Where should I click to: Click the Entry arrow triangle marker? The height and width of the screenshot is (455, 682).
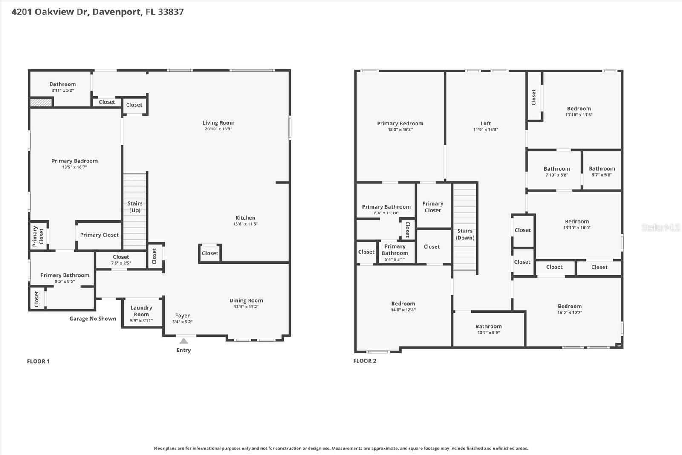(183, 341)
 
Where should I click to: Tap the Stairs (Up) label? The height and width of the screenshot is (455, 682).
(135, 206)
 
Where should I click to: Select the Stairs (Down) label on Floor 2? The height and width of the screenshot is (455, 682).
(465, 234)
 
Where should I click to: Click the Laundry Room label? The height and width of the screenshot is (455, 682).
(141, 311)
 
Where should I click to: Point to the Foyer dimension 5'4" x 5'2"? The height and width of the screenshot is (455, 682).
(182, 322)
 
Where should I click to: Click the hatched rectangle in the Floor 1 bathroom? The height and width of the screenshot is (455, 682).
(41, 102)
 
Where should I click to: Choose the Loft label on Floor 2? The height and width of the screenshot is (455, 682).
(485, 123)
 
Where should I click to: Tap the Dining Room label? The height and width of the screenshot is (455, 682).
(246, 300)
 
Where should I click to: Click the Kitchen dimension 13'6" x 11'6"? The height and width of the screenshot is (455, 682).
(245, 224)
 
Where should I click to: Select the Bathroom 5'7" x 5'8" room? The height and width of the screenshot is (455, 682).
(601, 171)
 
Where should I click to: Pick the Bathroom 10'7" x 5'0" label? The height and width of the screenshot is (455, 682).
(488, 326)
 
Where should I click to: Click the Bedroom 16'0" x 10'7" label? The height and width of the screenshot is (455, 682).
(569, 306)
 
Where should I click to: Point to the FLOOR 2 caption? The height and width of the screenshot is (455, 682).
(364, 361)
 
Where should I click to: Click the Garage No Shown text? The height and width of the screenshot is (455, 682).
(92, 319)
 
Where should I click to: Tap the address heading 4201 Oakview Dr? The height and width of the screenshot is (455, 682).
(97, 12)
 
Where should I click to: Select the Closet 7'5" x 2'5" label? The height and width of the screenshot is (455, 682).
(121, 257)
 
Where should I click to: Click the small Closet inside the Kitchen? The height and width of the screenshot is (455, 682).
(210, 253)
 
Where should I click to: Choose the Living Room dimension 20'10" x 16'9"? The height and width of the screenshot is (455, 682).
(218, 129)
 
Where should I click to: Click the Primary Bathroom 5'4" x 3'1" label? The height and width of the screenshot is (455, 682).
(395, 249)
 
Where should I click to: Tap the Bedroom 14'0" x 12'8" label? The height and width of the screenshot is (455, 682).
(403, 304)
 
